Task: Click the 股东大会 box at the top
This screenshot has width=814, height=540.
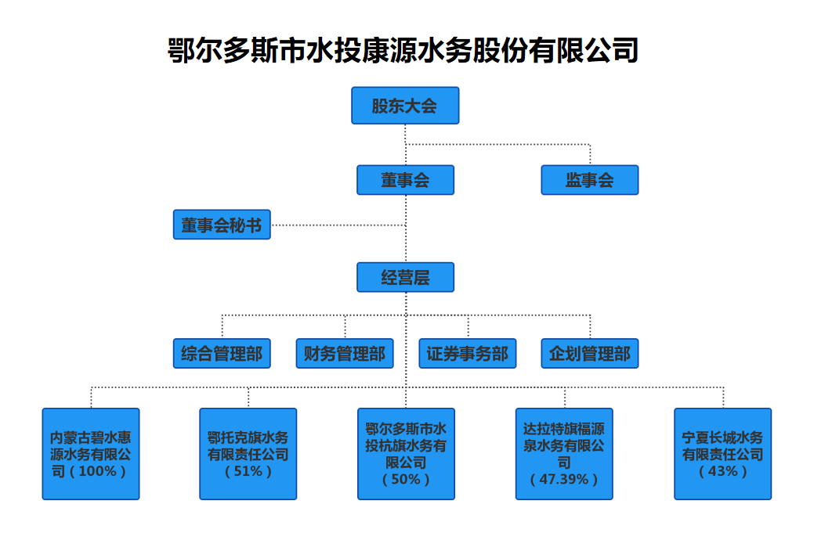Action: pyautogui.click(x=405, y=106)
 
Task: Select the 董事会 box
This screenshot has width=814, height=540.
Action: pyautogui.click(x=406, y=180)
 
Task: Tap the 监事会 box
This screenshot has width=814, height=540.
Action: pyautogui.click(x=590, y=180)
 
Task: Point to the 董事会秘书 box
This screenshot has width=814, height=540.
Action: pyautogui.click(x=222, y=225)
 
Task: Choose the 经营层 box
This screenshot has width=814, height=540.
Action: pyautogui.click(x=406, y=277)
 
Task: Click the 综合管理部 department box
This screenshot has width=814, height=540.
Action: pyautogui.click(x=222, y=353)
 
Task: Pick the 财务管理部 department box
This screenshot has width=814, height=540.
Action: pyautogui.click(x=345, y=353)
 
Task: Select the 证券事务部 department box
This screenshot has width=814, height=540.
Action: pyautogui.click(x=468, y=353)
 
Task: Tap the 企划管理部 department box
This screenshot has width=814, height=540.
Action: pyautogui.click(x=590, y=353)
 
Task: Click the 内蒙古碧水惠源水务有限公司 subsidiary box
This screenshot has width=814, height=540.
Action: pyautogui.click(x=91, y=454)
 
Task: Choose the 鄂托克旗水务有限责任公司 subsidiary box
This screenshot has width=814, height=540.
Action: pyautogui.click(x=248, y=454)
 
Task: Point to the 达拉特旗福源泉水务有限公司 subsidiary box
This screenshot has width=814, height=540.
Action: pyautogui.click(x=564, y=454)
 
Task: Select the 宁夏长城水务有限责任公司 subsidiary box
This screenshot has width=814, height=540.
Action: pyautogui.click(x=722, y=454)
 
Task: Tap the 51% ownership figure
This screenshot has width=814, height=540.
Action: pyautogui.click(x=248, y=471)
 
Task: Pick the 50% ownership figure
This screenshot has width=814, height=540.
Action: pyautogui.click(x=406, y=479)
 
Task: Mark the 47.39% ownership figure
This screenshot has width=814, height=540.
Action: pyautogui.click(x=564, y=479)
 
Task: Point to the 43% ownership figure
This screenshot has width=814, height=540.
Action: pyautogui.click(x=722, y=471)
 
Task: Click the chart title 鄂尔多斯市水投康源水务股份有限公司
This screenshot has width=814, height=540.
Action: pyautogui.click(x=403, y=50)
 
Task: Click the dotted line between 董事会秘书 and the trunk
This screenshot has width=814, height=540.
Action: pyautogui.click(x=338, y=225)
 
